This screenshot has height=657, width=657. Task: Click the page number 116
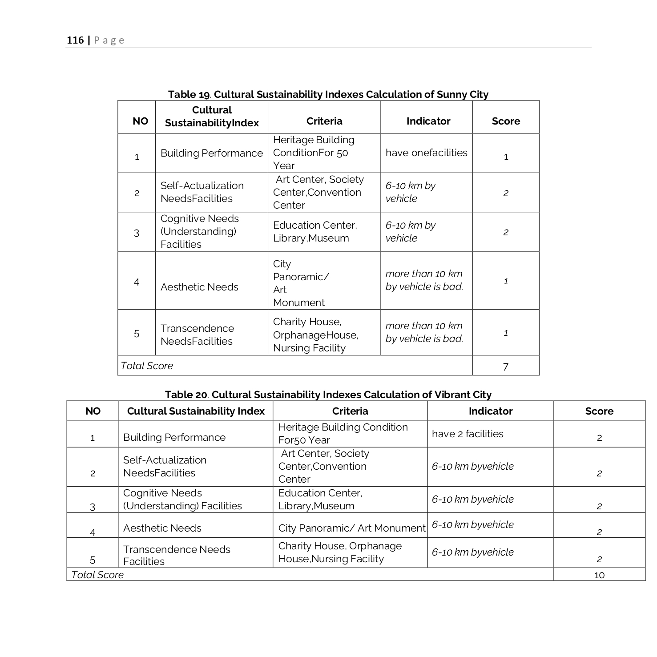point(75,40)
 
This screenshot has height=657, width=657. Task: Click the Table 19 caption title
point(328,94)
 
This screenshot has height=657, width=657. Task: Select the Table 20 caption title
point(328,395)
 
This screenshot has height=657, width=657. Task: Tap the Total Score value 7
point(505,367)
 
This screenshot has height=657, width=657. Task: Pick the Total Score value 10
point(599,575)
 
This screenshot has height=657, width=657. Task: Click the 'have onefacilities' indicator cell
point(426,153)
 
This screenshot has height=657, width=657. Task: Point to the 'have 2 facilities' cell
point(468,434)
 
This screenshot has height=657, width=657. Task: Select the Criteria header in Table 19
point(324,121)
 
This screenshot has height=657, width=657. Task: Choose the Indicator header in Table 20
point(490,411)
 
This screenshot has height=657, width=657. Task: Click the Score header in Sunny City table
point(505,121)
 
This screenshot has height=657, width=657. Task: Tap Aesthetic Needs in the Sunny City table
point(199,287)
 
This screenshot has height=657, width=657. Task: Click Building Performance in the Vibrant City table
point(174,438)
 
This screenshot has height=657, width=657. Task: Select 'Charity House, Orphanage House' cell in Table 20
point(339,552)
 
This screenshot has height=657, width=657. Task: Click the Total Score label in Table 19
point(147,366)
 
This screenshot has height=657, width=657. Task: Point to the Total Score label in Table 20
point(97,575)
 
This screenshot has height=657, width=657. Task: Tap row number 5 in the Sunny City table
point(137,334)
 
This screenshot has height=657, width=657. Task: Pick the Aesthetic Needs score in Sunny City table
point(505,281)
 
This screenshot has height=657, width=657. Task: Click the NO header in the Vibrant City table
point(93,411)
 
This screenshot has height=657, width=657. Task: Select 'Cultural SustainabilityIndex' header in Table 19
point(212,117)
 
